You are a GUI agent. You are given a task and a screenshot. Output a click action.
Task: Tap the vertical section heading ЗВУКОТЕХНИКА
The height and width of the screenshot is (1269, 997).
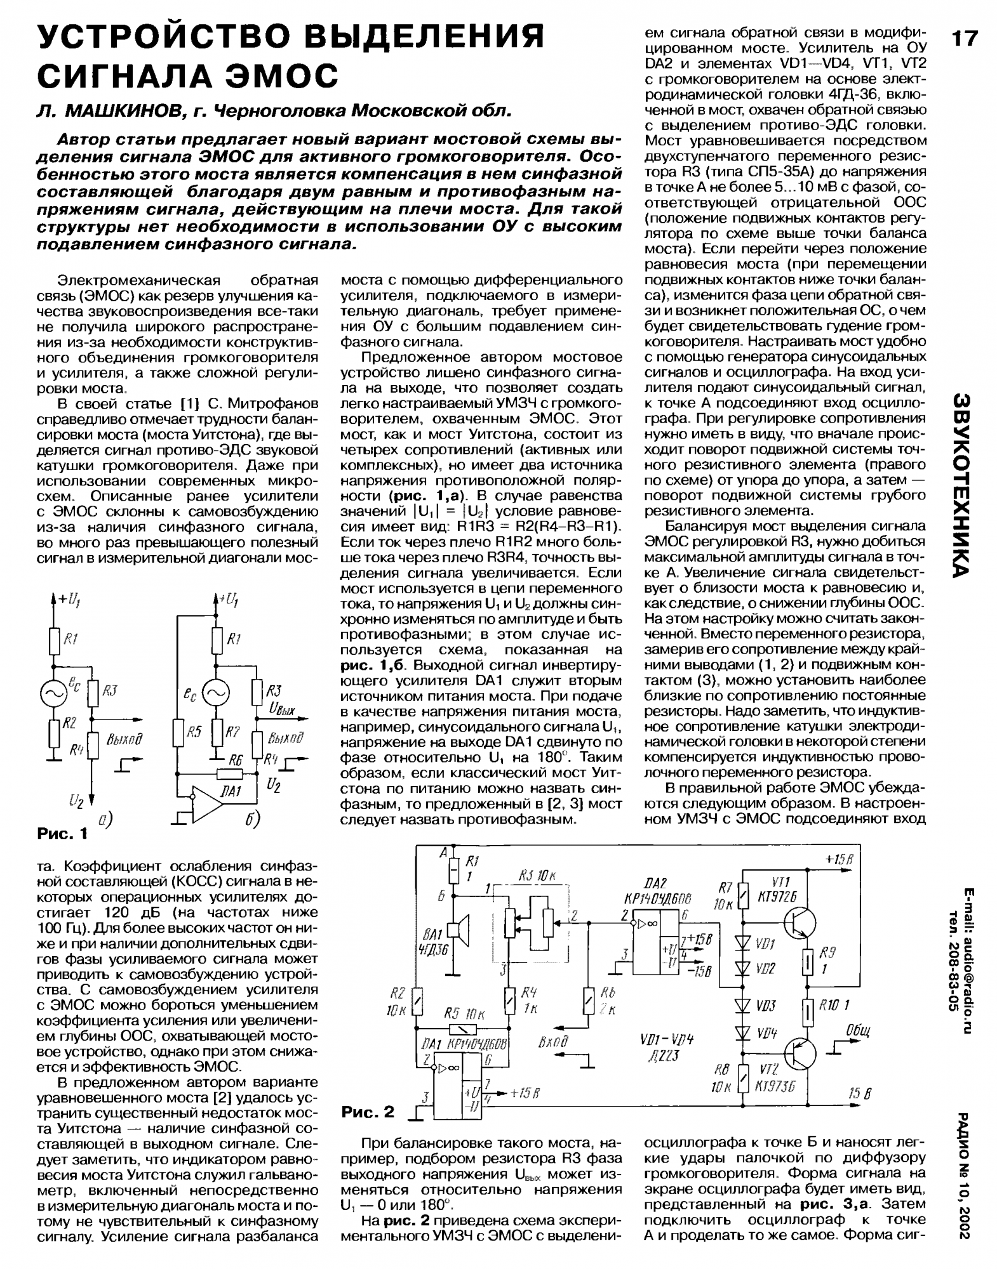click(x=962, y=485)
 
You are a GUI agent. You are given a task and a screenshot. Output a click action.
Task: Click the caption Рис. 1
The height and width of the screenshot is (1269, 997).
click(x=62, y=834)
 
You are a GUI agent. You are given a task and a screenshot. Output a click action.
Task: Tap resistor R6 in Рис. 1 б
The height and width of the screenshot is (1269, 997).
click(x=229, y=774)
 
